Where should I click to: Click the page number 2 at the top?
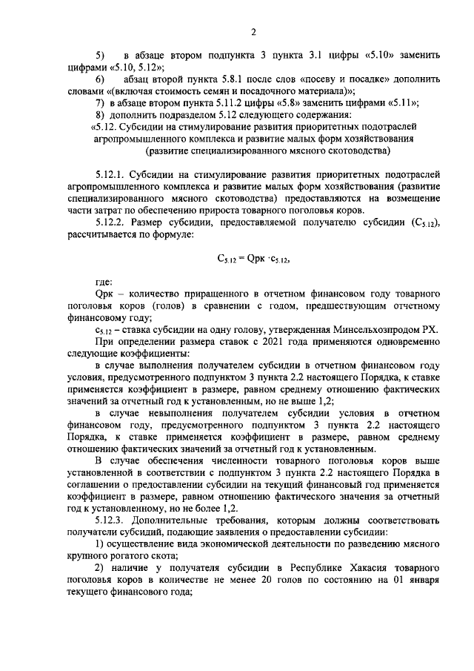click(x=253, y=31)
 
